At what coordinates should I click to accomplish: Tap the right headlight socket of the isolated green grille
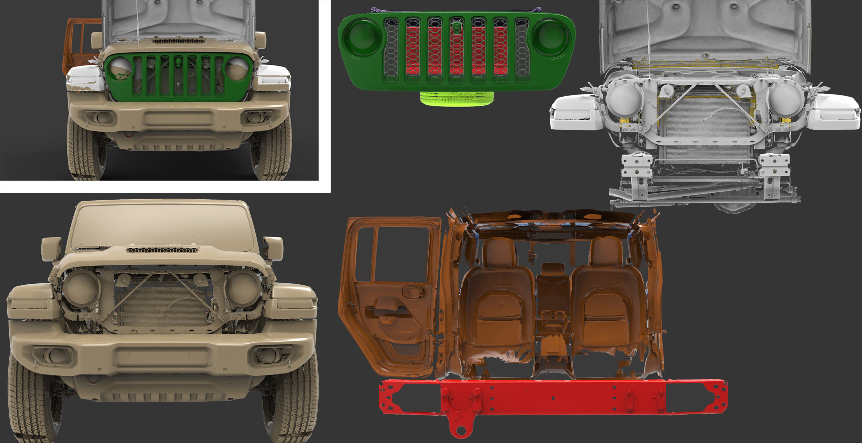pyautogui.click(x=550, y=37)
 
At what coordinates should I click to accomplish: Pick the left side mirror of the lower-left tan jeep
pyautogui.click(x=51, y=248)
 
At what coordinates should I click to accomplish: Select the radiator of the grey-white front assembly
pyautogui.click(x=707, y=117)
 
